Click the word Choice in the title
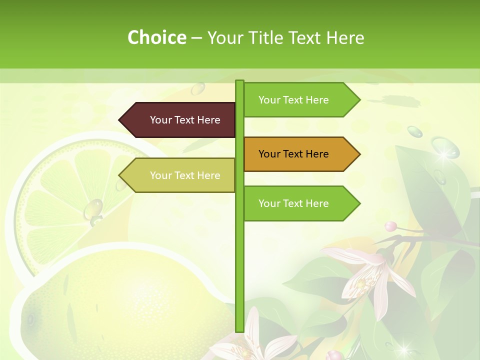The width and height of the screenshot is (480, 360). [156, 37]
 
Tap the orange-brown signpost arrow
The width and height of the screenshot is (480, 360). [300, 154]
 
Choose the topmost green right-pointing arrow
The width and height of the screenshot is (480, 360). [300, 100]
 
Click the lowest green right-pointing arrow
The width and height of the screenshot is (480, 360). [300, 203]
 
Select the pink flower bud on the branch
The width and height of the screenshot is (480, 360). [390, 226]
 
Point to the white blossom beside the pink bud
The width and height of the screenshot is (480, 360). [370, 277]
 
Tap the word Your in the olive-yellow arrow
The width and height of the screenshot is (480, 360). [160, 175]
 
